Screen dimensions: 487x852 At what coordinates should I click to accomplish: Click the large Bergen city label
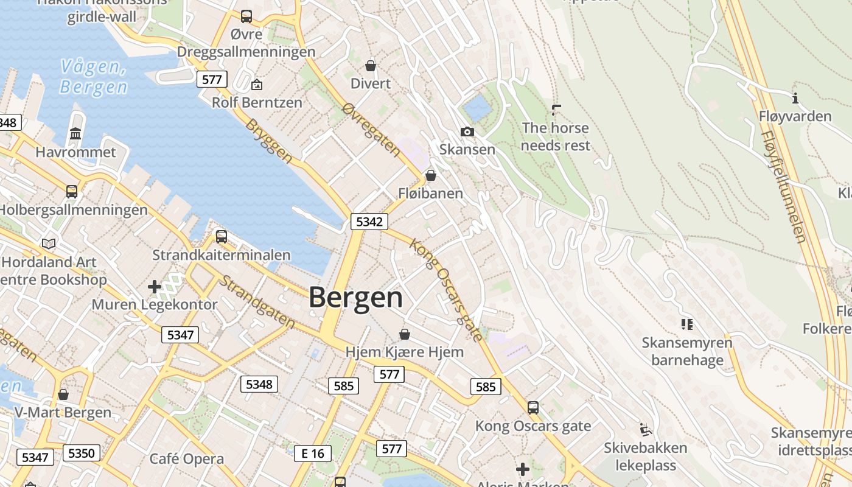pyautogui.click(x=355, y=298)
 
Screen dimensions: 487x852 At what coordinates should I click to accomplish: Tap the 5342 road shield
pyautogui.click(x=369, y=222)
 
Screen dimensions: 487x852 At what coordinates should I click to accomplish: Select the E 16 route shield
pyautogui.click(x=313, y=453)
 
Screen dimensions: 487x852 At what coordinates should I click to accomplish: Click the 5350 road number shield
pyautogui.click(x=81, y=453)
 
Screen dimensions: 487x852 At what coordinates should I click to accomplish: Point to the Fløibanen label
pyautogui.click(x=430, y=194)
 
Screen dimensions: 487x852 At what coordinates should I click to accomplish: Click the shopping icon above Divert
pyautogui.click(x=371, y=65)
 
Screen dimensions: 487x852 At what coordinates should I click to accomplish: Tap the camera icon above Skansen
pyautogui.click(x=467, y=131)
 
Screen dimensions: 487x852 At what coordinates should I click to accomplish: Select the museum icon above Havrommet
pyautogui.click(x=75, y=133)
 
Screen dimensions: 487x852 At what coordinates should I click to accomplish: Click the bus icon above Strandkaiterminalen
pyautogui.click(x=222, y=236)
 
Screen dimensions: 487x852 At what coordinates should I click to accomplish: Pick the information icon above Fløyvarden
pyautogui.click(x=795, y=98)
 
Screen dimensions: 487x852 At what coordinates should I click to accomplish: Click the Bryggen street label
pyautogui.click(x=269, y=141)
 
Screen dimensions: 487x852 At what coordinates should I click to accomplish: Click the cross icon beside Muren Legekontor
pyautogui.click(x=155, y=286)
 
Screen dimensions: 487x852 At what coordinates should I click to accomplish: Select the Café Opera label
pyautogui.click(x=186, y=458)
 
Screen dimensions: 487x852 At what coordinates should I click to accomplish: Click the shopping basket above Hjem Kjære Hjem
pyautogui.click(x=405, y=334)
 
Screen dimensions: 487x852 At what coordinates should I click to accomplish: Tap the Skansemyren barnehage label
pyautogui.click(x=687, y=351)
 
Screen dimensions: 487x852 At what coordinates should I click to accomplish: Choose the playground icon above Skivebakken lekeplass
pyautogui.click(x=646, y=430)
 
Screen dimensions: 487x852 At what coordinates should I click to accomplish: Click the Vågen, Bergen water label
pyautogui.click(x=94, y=77)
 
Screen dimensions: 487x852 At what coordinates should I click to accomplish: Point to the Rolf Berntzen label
pyautogui.click(x=257, y=102)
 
